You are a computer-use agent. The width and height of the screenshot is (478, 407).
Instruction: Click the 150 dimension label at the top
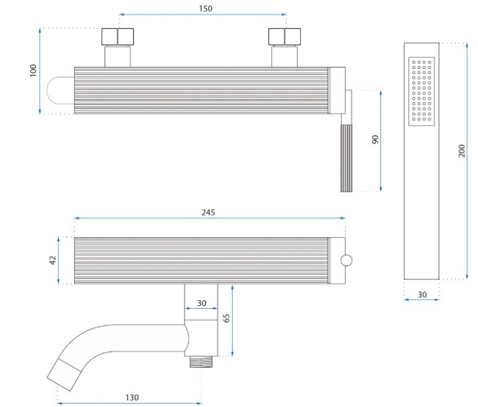pyautogui.click(x=206, y=9)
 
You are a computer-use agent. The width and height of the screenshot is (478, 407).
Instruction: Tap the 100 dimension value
pyautogui.click(x=33, y=70)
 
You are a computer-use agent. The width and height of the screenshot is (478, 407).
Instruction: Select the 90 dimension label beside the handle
pyautogui.click(x=375, y=140)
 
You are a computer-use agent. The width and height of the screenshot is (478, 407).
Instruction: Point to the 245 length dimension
pyautogui.click(x=208, y=213)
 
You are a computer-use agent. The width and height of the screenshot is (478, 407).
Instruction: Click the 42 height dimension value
pyautogui.click(x=53, y=260)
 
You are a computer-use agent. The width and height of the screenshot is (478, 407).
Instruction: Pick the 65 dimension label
pyautogui.click(x=226, y=318)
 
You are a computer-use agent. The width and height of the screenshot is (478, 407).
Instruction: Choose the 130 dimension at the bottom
pyautogui.click(x=132, y=398)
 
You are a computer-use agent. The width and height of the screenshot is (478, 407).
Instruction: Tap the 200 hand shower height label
pyautogui.click(x=462, y=151)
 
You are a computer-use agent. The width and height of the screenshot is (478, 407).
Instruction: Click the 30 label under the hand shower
pyautogui.click(x=422, y=295)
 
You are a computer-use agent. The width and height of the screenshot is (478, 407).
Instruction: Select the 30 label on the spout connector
pyautogui.click(x=201, y=303)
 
